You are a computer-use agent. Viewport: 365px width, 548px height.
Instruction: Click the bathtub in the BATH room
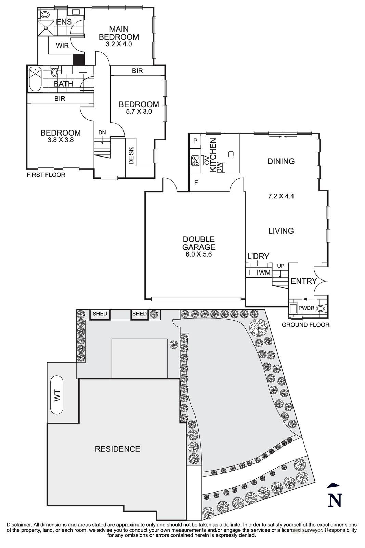coord(35,79)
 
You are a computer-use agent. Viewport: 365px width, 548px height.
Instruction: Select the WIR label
coord(62,46)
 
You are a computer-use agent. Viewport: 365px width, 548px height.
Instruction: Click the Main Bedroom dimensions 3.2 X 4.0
coord(119,44)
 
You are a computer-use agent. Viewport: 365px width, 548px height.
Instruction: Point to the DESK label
coord(131,155)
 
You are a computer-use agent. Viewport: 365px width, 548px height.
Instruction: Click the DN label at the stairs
coord(102,133)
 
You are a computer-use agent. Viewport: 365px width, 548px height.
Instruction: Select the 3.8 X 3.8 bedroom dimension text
coord(61,140)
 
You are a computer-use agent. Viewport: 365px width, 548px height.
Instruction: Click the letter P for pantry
coord(195,141)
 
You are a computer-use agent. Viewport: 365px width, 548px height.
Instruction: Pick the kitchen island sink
coord(231,154)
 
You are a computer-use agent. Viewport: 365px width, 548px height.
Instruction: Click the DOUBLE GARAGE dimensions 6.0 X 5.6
coord(198,254)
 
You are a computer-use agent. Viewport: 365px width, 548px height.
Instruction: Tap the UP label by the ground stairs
coord(281,266)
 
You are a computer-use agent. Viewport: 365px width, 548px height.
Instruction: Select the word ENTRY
coord(303,281)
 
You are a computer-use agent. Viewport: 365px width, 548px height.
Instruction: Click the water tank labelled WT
coord(57,395)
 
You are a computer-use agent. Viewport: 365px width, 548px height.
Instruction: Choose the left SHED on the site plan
coord(100,314)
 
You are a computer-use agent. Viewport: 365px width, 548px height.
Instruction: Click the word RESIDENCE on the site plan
coord(117,449)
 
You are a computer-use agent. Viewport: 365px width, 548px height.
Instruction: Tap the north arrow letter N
coord(335,500)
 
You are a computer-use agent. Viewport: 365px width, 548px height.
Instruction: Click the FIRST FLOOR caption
coord(45,175)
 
